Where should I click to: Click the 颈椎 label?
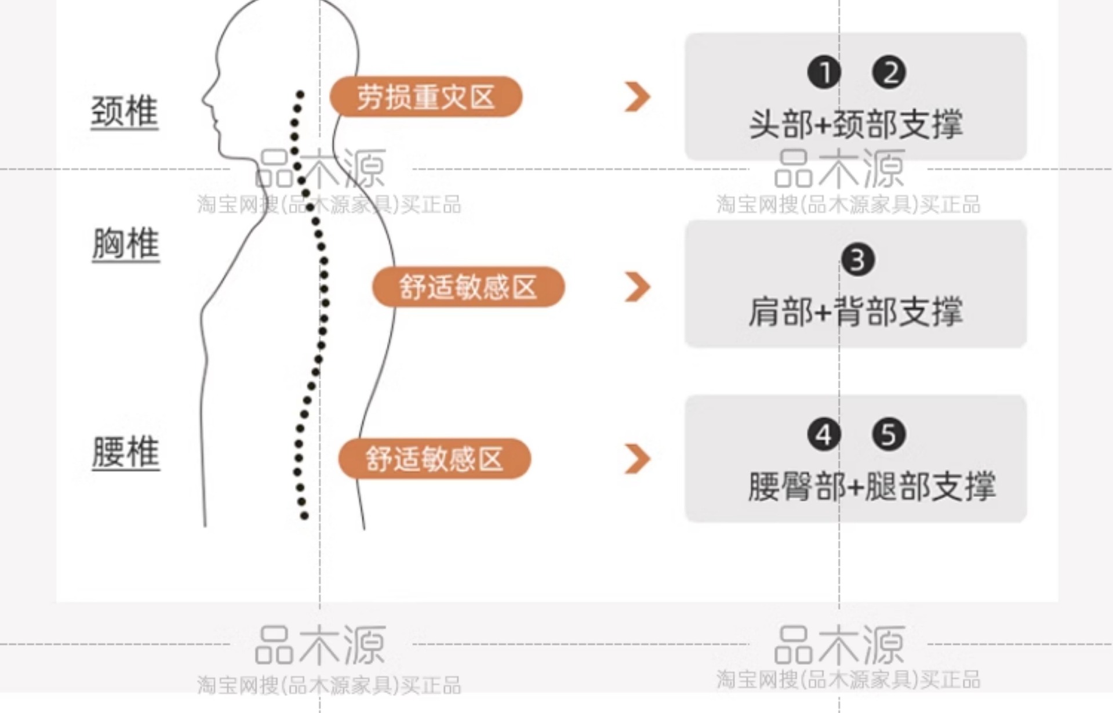pyautogui.click(x=125, y=111)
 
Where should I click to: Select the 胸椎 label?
pyautogui.click(x=126, y=244)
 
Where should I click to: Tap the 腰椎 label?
pyautogui.click(x=126, y=452)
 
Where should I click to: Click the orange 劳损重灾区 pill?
pyautogui.click(x=426, y=97)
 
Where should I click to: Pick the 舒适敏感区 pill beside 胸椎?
pyautogui.click(x=468, y=287)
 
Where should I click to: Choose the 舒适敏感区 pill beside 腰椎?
pyautogui.click(x=435, y=459)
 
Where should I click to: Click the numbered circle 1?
pyautogui.click(x=824, y=73)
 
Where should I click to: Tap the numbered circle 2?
pyautogui.click(x=889, y=73)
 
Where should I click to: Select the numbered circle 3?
pyautogui.click(x=858, y=260)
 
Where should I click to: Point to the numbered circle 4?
pyautogui.click(x=824, y=435)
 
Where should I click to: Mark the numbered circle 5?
pyautogui.click(x=889, y=435)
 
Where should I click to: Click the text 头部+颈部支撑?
pyautogui.click(x=856, y=124)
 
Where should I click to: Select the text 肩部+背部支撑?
pyautogui.click(x=856, y=312)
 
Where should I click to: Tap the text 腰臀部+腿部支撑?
pyautogui.click(x=871, y=486)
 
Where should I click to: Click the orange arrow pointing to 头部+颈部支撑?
pyautogui.click(x=638, y=97)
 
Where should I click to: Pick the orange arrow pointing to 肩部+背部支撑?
pyautogui.click(x=638, y=287)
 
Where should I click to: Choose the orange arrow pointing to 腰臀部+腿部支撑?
pyautogui.click(x=638, y=459)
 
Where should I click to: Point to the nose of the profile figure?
pyautogui.click(x=204, y=99)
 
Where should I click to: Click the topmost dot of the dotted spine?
pyautogui.click(x=300, y=93)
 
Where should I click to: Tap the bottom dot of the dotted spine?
pyautogui.click(x=304, y=516)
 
